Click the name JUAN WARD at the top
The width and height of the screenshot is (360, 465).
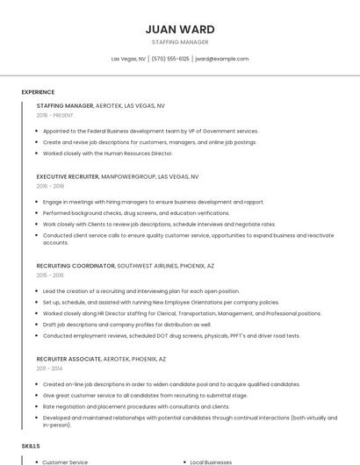point(180,29)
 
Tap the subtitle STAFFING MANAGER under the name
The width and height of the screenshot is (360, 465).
point(180,42)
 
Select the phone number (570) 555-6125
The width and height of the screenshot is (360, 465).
point(170,59)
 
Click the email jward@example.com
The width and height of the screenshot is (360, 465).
point(222,59)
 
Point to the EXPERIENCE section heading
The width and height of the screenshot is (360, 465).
point(38,92)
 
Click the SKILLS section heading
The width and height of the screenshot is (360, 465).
point(31,446)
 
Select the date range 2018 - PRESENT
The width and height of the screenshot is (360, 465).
point(55,115)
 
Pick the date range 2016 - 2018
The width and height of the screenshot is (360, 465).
point(50,186)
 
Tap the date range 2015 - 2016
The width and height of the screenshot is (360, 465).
point(50,275)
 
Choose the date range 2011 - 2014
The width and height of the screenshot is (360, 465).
point(50,368)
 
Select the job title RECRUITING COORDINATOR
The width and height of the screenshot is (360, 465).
point(76,265)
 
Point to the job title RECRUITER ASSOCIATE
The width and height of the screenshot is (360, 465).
point(69,359)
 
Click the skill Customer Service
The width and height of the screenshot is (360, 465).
point(65,461)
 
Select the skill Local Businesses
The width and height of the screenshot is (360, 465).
point(210,461)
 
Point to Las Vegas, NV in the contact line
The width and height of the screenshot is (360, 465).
point(128,59)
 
